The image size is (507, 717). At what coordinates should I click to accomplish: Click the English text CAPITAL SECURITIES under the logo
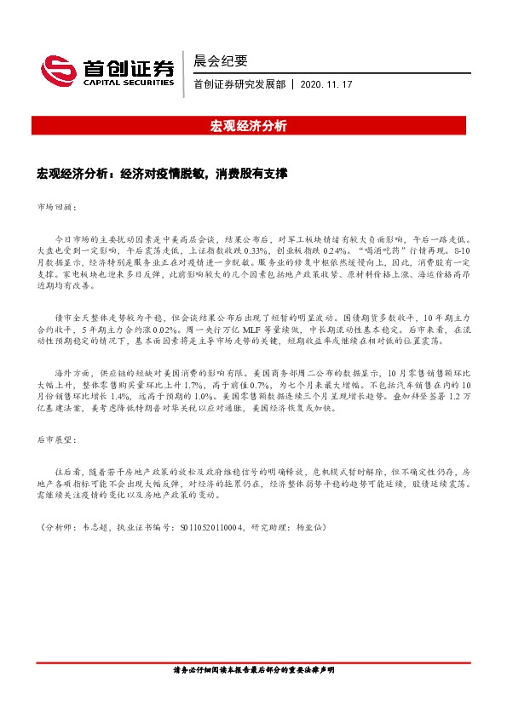[x=126, y=83]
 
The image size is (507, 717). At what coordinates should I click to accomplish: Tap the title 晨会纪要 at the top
[x=221, y=60]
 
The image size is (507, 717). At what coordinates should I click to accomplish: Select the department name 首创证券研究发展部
[x=240, y=84]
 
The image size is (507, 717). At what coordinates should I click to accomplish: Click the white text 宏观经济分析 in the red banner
[x=248, y=126]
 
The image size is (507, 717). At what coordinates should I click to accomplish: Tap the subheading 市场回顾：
[x=58, y=207]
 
